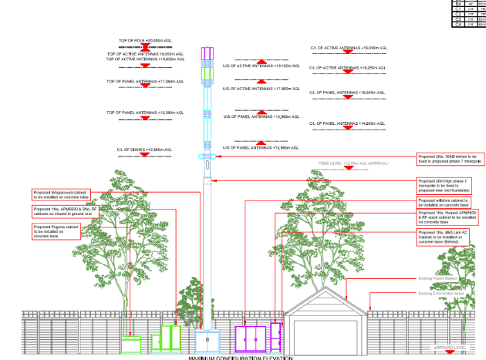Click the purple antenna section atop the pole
click(206, 53)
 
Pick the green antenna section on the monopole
click(206, 75)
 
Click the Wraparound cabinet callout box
click(62, 195)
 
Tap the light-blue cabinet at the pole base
click(208, 341)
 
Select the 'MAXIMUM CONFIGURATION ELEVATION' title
click(241, 357)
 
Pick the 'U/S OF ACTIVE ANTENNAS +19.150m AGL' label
click(260, 66)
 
